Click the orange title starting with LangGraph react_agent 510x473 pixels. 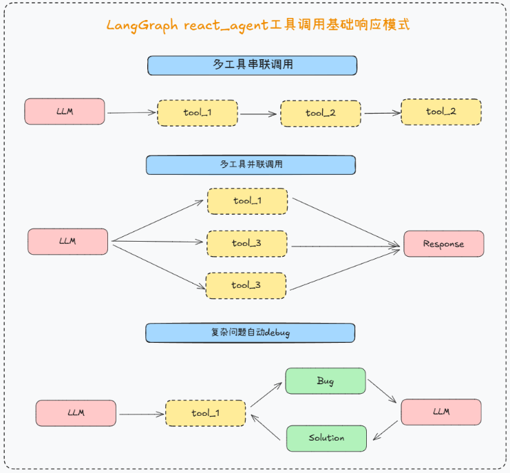(257, 25)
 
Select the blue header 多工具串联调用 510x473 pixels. (252, 65)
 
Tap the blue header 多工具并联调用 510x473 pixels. (251, 165)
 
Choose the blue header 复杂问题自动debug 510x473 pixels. (250, 333)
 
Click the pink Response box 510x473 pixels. (443, 244)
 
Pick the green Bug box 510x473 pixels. (326, 381)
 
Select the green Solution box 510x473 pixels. (326, 438)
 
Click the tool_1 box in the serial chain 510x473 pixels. (197, 113)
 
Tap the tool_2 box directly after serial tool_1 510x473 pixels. (320, 113)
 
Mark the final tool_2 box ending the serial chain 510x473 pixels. (440, 112)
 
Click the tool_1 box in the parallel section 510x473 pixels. (247, 201)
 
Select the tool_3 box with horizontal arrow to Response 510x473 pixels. (246, 244)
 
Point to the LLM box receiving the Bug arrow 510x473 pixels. (440, 412)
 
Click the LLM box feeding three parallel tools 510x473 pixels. (67, 242)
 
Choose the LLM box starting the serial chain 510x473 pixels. (65, 112)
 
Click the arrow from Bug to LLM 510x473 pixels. (383, 391)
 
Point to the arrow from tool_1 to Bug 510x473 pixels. (266, 395)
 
